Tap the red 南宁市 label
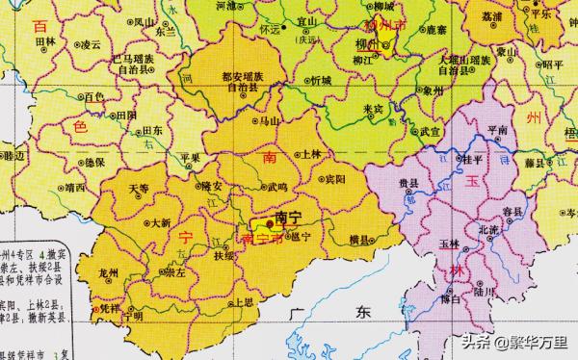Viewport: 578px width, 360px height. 266,237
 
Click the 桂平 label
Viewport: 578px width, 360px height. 472,161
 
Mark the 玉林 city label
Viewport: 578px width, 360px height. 449,244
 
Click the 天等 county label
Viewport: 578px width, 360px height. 141,188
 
